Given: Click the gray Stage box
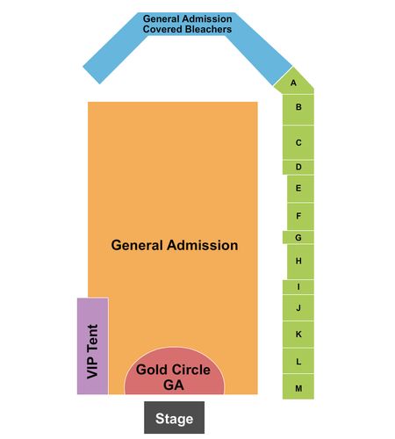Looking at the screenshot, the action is [x=174, y=417].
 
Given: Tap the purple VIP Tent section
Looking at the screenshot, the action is [x=93, y=346].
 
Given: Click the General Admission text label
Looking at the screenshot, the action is [x=175, y=245].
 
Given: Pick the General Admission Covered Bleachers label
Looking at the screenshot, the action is [x=187, y=24].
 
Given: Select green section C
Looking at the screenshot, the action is [x=298, y=142].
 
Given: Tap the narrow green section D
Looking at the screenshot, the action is [x=298, y=167].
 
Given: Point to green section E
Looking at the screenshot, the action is [x=300, y=189].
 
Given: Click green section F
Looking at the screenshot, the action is [x=300, y=216].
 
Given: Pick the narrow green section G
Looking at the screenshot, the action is [x=298, y=237].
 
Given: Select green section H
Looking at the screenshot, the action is [x=300, y=262].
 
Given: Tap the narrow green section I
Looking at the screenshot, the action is [x=298, y=287].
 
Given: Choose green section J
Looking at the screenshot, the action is [x=298, y=307].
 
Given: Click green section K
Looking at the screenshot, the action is [x=298, y=335].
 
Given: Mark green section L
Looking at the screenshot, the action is [x=298, y=361].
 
